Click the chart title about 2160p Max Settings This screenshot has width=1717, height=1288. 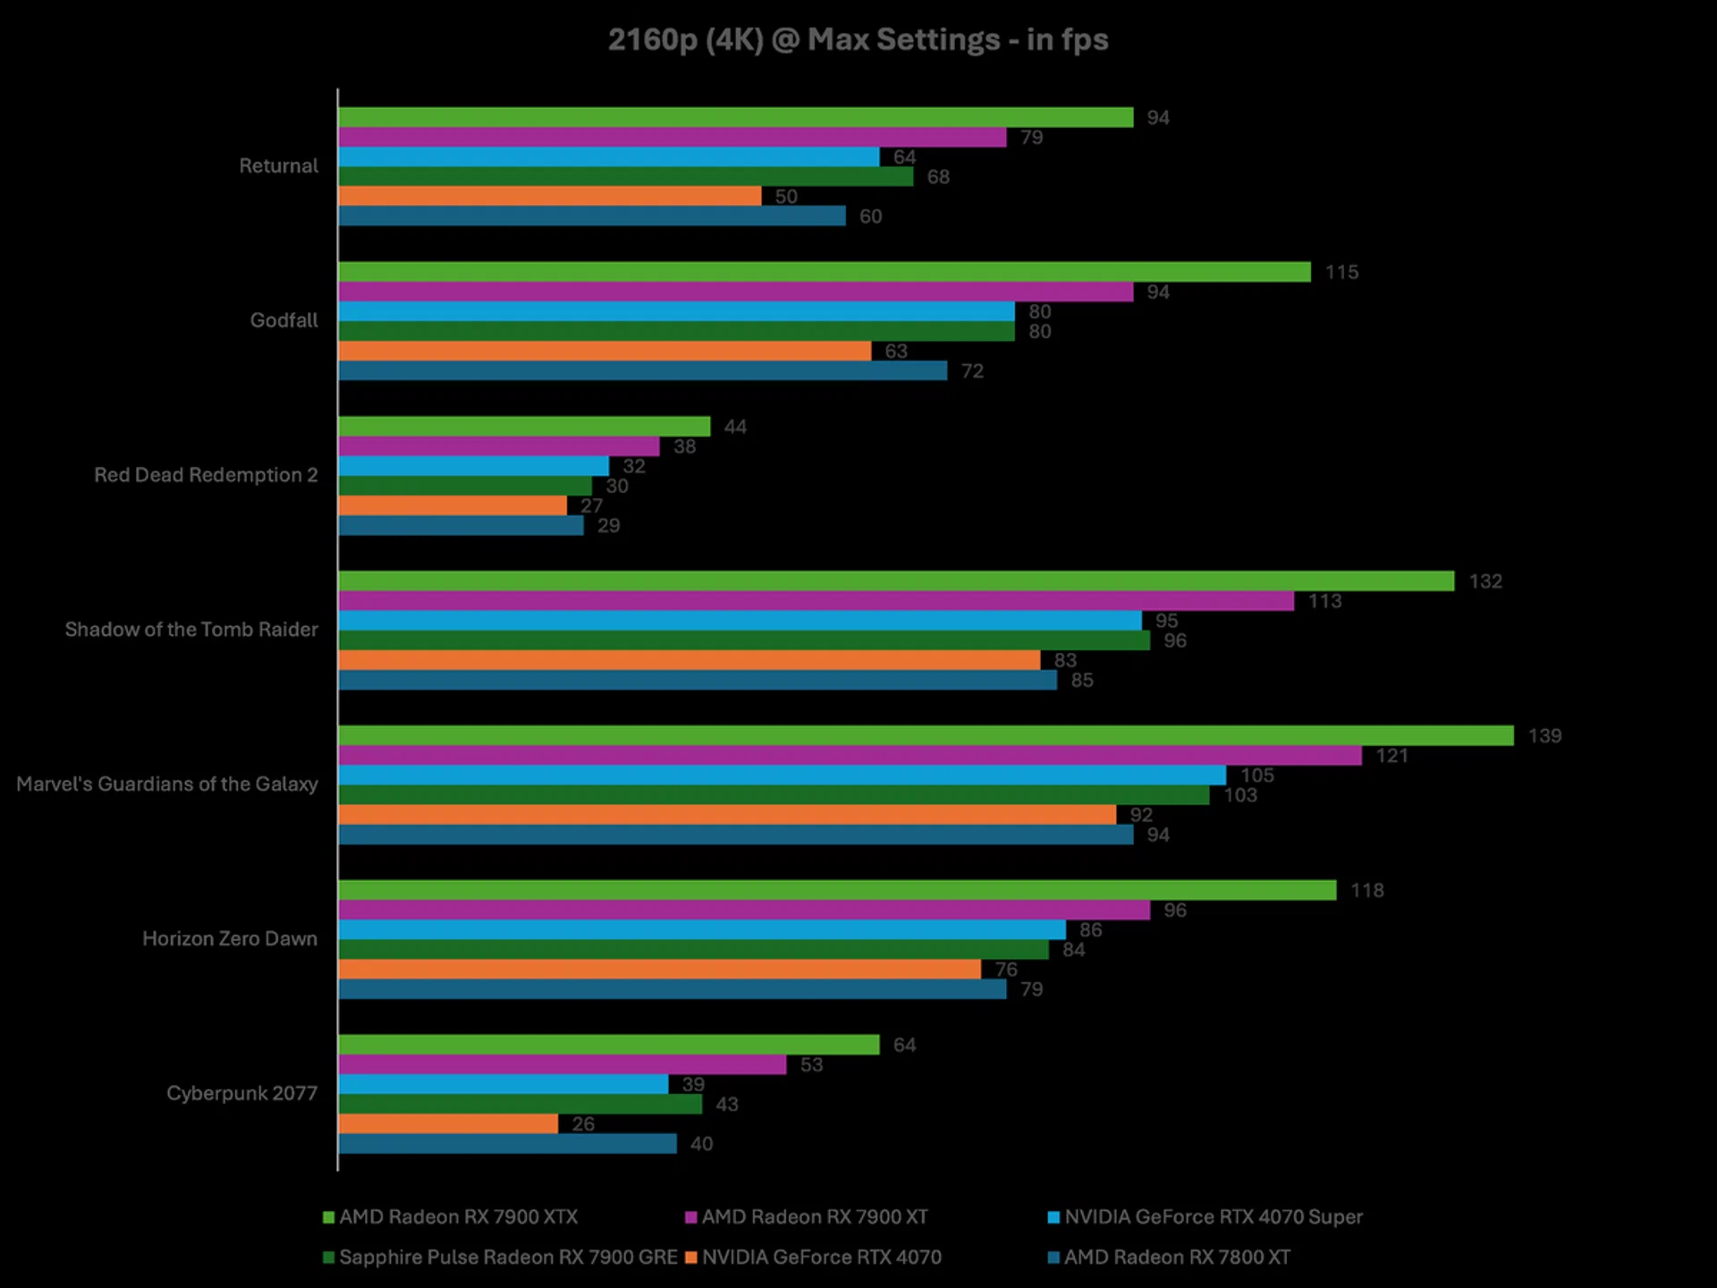(x=858, y=40)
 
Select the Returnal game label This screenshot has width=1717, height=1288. (x=278, y=166)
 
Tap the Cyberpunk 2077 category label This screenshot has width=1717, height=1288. (x=241, y=1093)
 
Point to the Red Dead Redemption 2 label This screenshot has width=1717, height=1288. (x=206, y=475)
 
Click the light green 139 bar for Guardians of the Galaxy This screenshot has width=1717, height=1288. (x=926, y=736)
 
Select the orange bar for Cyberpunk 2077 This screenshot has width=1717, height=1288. (x=448, y=1123)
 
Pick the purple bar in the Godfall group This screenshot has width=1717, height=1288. (x=735, y=292)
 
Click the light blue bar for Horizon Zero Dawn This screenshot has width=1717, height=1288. (x=702, y=930)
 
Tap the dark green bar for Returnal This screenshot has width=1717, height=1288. (x=626, y=177)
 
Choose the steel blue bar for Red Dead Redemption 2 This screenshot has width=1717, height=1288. (x=461, y=526)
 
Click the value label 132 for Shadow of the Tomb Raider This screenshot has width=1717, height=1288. (x=1485, y=581)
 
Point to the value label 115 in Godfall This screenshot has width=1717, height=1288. (x=1341, y=272)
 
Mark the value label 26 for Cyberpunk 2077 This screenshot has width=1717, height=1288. (x=583, y=1124)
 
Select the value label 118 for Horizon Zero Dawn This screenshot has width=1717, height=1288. (x=1366, y=891)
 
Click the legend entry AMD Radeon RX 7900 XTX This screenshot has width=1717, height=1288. (x=458, y=1217)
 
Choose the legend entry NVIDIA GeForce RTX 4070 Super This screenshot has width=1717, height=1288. (x=1213, y=1217)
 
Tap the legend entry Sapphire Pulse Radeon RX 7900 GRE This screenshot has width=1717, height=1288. (x=508, y=1258)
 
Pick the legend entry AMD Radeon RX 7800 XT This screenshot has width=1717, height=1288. (x=1177, y=1258)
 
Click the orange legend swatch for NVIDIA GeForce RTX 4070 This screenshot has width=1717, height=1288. (x=690, y=1258)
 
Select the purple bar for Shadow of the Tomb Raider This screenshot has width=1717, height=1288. (x=816, y=601)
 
